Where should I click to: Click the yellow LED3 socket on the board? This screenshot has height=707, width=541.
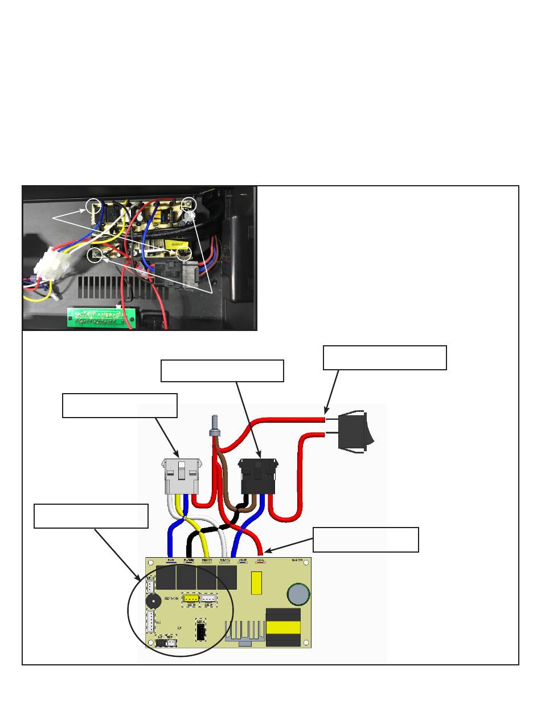pos(190,599)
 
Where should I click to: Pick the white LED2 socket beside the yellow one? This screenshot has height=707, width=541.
pos(209,599)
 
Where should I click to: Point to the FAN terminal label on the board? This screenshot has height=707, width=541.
pos(170,561)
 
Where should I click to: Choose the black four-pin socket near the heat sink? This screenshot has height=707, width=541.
pos(201,632)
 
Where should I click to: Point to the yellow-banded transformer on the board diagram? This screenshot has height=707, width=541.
pos(284,627)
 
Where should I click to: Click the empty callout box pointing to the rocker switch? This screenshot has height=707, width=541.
pos(384,357)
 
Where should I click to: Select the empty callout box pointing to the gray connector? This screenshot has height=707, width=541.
pos(120,405)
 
